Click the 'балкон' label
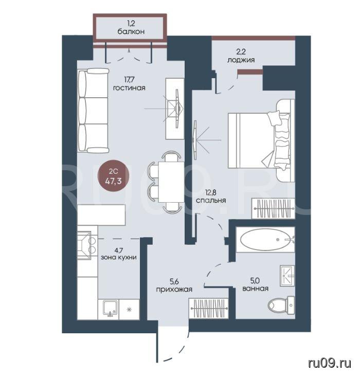point(131,31)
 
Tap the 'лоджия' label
point(241,60)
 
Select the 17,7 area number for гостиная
point(129,79)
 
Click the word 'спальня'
point(211,200)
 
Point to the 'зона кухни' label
point(119,257)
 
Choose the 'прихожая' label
point(174,289)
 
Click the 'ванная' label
point(256,289)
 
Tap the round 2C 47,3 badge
point(113,176)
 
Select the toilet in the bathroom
point(281,306)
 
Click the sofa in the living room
point(93,111)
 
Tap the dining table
point(171,182)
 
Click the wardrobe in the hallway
point(208,309)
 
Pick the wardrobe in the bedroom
point(273,208)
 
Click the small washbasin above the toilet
point(287,276)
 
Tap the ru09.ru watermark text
point(330,363)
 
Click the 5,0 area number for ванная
point(255,281)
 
